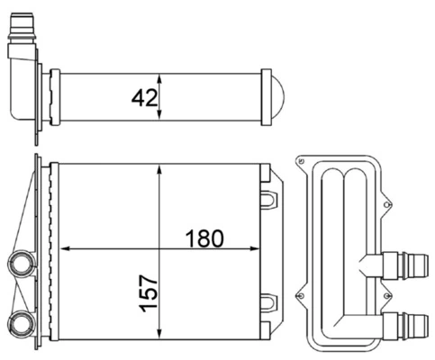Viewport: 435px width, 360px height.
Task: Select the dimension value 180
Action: point(204,238)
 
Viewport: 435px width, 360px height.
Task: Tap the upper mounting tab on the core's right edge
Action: point(268,193)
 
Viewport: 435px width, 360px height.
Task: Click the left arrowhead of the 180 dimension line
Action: point(63,247)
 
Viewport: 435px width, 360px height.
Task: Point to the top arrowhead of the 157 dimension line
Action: point(159,169)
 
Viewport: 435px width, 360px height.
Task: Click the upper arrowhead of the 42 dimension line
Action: point(159,76)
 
